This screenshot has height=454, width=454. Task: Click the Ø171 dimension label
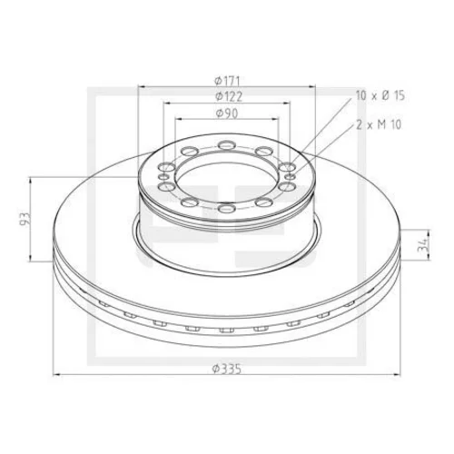pyautogui.click(x=227, y=81)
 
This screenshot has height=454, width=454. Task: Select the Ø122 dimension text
pyautogui.click(x=229, y=96)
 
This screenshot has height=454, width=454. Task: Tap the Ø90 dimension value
pyautogui.click(x=227, y=113)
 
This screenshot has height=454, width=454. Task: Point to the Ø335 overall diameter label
pyautogui.click(x=227, y=369)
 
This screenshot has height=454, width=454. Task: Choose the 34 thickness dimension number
pyautogui.click(x=422, y=245)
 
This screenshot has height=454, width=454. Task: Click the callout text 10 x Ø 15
pyautogui.click(x=380, y=95)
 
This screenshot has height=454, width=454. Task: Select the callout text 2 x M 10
pyautogui.click(x=379, y=124)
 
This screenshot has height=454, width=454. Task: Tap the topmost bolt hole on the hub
pyautogui.click(x=227, y=145)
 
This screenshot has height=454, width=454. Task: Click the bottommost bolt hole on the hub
pyautogui.click(x=227, y=208)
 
